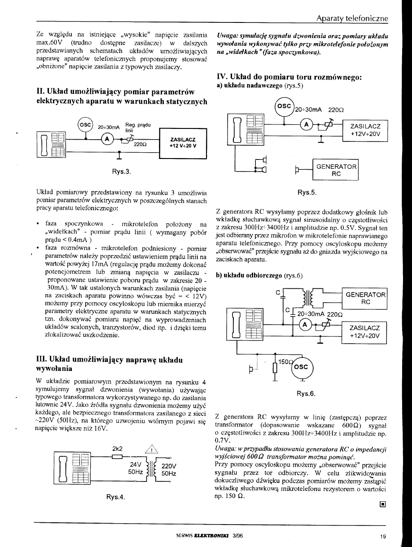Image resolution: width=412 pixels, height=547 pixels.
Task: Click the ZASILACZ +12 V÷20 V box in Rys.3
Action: pos(182,142)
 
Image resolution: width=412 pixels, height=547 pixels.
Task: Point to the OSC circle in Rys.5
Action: pos(283,107)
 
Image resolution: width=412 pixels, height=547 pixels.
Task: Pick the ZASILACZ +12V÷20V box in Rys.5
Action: pos(364,130)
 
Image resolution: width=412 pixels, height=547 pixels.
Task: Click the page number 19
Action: pos(382,536)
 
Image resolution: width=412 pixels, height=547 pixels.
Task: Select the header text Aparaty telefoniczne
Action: pos(351,18)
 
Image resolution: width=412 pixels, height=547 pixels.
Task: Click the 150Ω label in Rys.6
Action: pos(285,361)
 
